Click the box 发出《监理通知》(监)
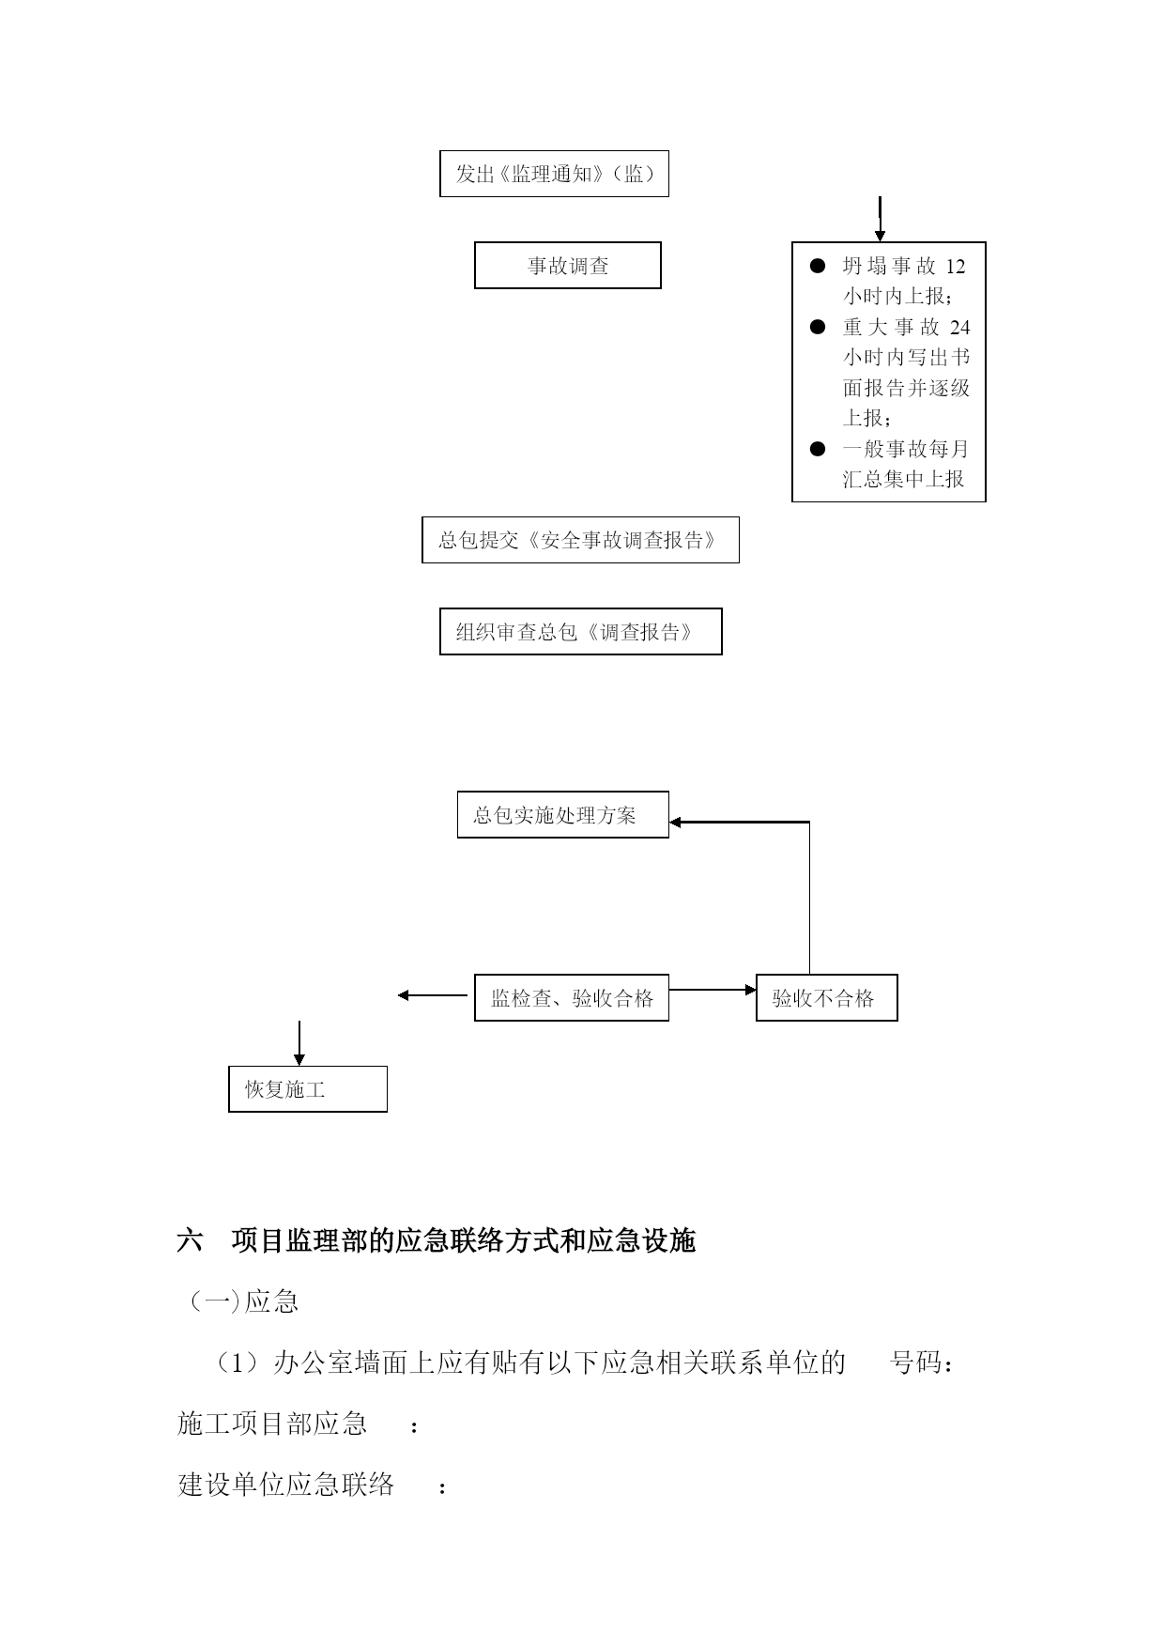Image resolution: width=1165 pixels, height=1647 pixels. tap(554, 174)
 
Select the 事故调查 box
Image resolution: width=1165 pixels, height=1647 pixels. tap(567, 265)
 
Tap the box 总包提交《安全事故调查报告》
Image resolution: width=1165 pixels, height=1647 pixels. tap(580, 540)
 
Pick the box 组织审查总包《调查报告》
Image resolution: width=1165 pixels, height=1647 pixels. tap(580, 631)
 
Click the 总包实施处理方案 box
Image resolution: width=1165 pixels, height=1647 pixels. tap(562, 814)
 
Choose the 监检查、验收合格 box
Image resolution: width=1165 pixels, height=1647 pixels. tap(572, 997)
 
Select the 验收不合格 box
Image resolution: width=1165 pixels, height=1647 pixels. tap(826, 997)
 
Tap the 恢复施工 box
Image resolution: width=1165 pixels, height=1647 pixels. tap(308, 1089)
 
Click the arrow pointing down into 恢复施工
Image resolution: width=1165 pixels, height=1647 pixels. tap(299, 1042)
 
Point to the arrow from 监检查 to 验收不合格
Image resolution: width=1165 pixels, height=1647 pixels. tap(713, 990)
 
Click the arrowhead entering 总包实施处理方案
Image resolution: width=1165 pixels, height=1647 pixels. tap(675, 823)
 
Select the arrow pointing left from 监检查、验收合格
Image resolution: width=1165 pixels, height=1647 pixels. tap(433, 995)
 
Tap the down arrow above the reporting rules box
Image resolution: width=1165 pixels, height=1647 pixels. tap(880, 219)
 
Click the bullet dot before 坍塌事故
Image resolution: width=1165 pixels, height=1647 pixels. tap(818, 267)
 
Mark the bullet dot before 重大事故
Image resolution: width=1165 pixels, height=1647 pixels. tap(818, 327)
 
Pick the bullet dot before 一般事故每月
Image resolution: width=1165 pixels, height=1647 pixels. tap(818, 449)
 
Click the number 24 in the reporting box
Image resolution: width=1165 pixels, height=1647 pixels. tap(959, 327)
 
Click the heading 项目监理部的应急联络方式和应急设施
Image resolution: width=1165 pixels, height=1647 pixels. tap(463, 1241)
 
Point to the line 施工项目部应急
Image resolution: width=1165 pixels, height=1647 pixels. tap(272, 1424)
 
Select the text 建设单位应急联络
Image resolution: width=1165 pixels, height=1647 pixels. tap(286, 1485)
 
